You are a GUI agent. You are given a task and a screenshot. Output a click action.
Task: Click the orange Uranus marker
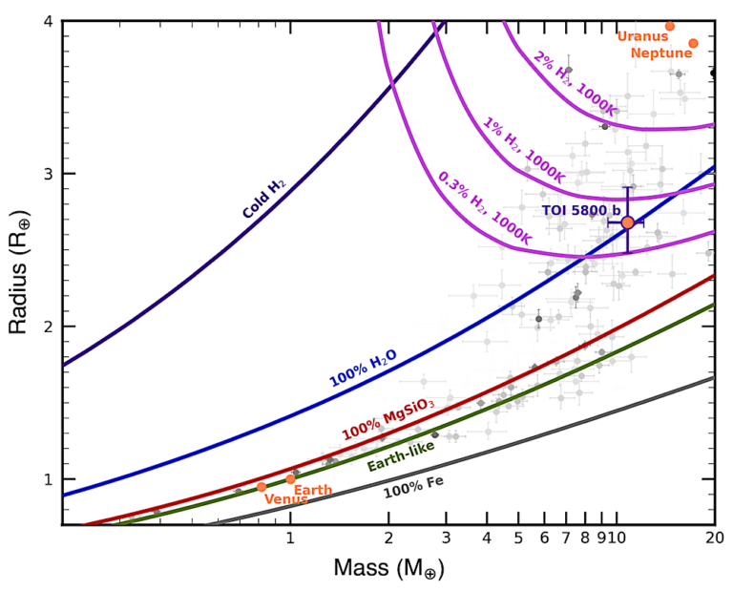(670, 26)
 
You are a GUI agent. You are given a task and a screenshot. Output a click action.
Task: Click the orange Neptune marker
(693, 43)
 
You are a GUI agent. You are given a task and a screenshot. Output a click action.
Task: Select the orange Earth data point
(291, 479)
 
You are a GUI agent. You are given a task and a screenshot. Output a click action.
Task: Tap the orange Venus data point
(262, 487)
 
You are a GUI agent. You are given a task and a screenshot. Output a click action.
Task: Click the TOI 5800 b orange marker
(627, 222)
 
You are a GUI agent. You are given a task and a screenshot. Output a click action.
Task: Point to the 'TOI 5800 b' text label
(581, 210)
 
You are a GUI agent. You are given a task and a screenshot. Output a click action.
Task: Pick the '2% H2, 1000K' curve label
(576, 84)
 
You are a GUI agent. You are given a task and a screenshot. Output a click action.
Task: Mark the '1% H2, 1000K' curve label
(524, 151)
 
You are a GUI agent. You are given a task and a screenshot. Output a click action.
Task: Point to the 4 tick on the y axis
(46, 21)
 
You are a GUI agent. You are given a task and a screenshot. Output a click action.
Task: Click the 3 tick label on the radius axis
(46, 174)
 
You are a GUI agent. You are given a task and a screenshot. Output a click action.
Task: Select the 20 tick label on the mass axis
(714, 539)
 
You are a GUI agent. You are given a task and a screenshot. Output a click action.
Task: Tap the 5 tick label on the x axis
(517, 539)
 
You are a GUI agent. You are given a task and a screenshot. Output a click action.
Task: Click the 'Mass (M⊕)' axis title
(388, 569)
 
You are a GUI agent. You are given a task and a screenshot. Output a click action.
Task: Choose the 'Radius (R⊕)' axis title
(19, 272)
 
